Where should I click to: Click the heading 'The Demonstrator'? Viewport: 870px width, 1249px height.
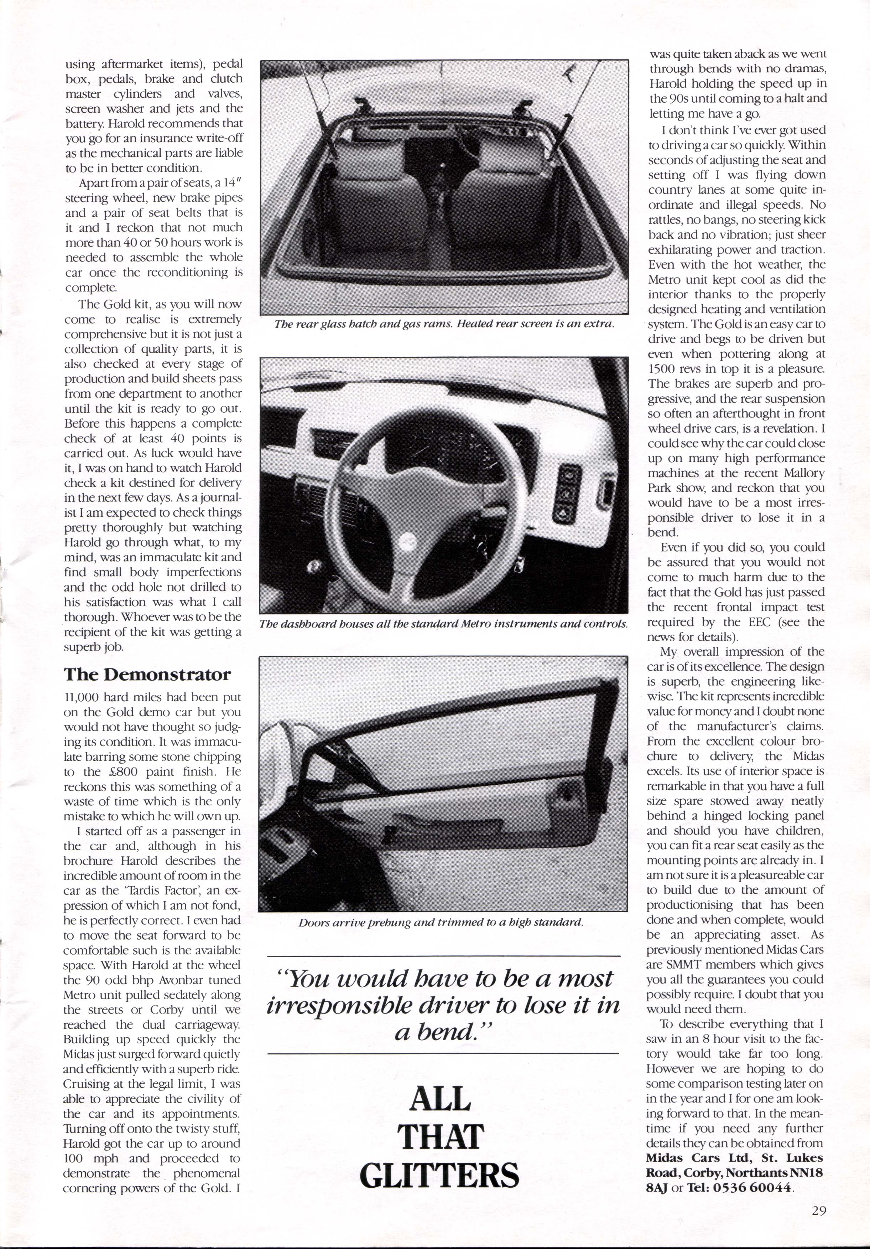(x=147, y=675)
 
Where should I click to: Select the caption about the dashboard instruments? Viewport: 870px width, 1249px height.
(x=444, y=624)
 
